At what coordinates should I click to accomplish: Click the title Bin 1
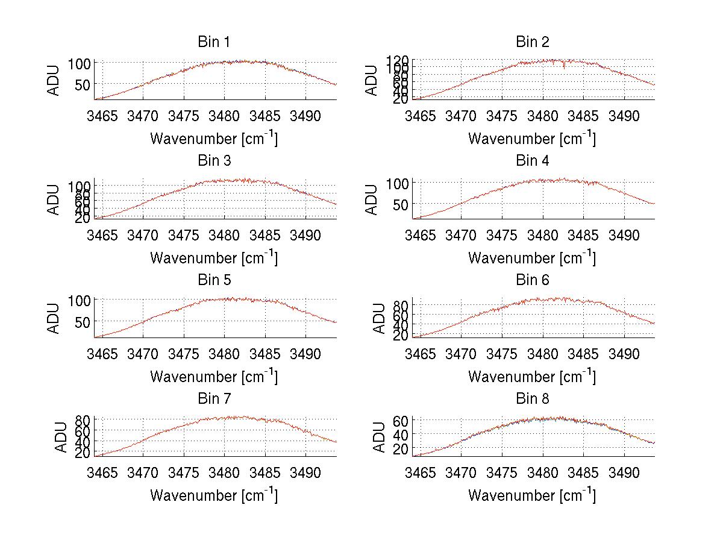[x=213, y=42]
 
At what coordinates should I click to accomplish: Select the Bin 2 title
[x=532, y=42]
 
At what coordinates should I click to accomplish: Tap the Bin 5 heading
[x=213, y=280]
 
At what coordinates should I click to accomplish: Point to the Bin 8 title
[x=532, y=399]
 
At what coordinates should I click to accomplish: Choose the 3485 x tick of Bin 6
[x=583, y=353]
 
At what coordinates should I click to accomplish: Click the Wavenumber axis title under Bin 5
[x=214, y=377]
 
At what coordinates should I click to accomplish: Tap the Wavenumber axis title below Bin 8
[x=532, y=495]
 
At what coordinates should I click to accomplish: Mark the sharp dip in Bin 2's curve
[x=564, y=67]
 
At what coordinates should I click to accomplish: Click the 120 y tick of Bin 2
[x=398, y=60]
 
